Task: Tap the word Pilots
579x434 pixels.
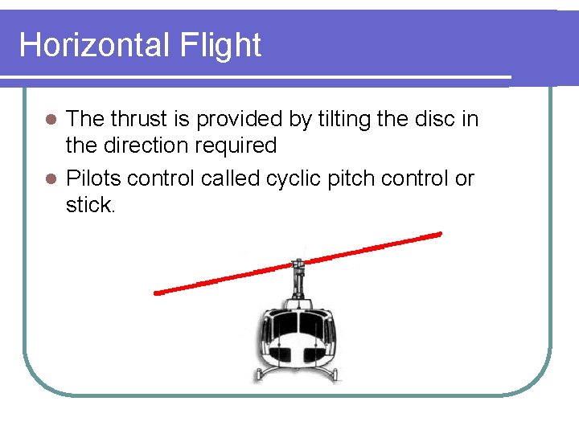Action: coord(92,178)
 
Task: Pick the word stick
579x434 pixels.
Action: coord(91,205)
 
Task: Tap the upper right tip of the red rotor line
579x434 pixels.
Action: coord(440,234)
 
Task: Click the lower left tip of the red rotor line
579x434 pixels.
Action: coord(158,293)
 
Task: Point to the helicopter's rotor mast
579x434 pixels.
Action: coord(298,277)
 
